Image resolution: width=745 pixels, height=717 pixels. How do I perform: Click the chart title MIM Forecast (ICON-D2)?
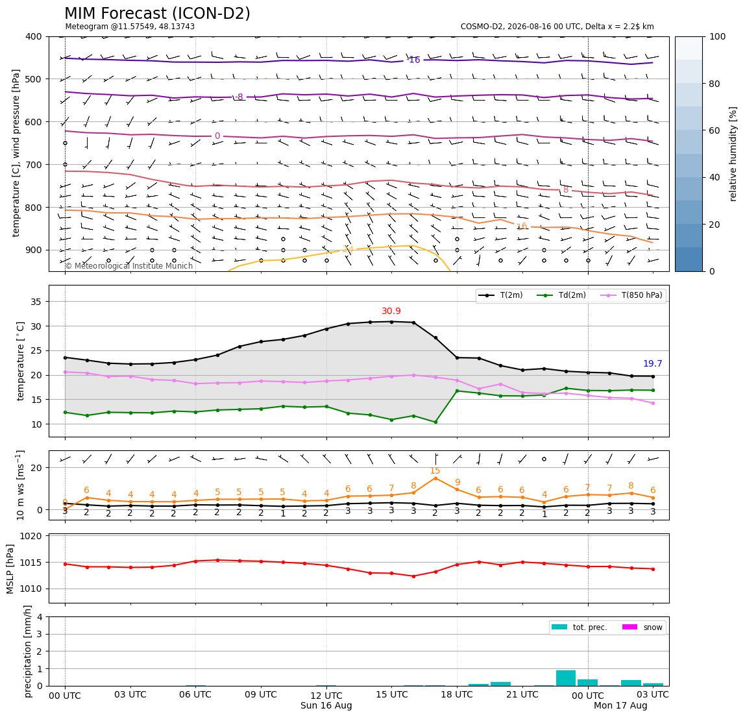(157, 14)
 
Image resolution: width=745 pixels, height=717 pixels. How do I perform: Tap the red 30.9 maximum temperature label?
(391, 311)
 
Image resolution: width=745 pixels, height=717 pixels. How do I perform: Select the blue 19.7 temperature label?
(652, 363)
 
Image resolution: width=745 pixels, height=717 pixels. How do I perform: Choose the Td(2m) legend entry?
(561, 295)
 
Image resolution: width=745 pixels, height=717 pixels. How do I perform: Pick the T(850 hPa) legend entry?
(631, 295)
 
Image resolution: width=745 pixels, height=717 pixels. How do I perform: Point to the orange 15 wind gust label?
(435, 471)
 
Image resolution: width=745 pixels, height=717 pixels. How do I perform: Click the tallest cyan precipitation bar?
(565, 678)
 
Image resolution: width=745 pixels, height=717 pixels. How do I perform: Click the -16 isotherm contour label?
(414, 60)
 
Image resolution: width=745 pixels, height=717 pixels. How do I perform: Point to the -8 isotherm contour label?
(239, 97)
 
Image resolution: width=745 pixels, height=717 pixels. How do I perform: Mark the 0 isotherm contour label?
(217, 136)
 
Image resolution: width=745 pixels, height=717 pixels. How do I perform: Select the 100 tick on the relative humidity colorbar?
(717, 36)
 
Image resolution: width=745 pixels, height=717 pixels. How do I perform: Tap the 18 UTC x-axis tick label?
(457, 694)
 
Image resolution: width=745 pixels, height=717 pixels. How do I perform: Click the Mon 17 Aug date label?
(620, 705)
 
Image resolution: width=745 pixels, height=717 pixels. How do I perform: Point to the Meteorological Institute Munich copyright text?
(128, 265)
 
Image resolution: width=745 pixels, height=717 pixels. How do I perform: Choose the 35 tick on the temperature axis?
(36, 302)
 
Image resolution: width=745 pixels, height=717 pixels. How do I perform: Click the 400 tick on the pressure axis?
(34, 36)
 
